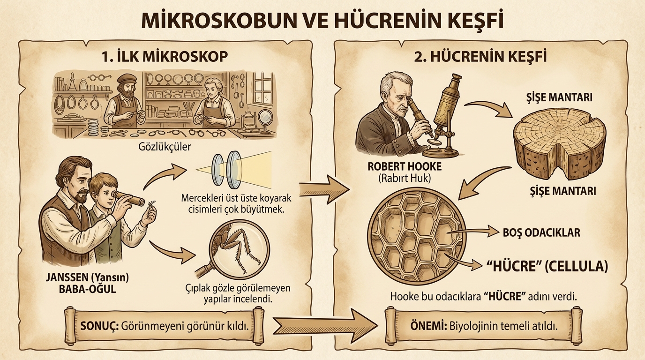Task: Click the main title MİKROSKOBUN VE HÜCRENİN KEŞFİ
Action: pyautogui.click(x=322, y=21)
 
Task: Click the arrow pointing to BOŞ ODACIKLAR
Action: pyautogui.click(x=473, y=232)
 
